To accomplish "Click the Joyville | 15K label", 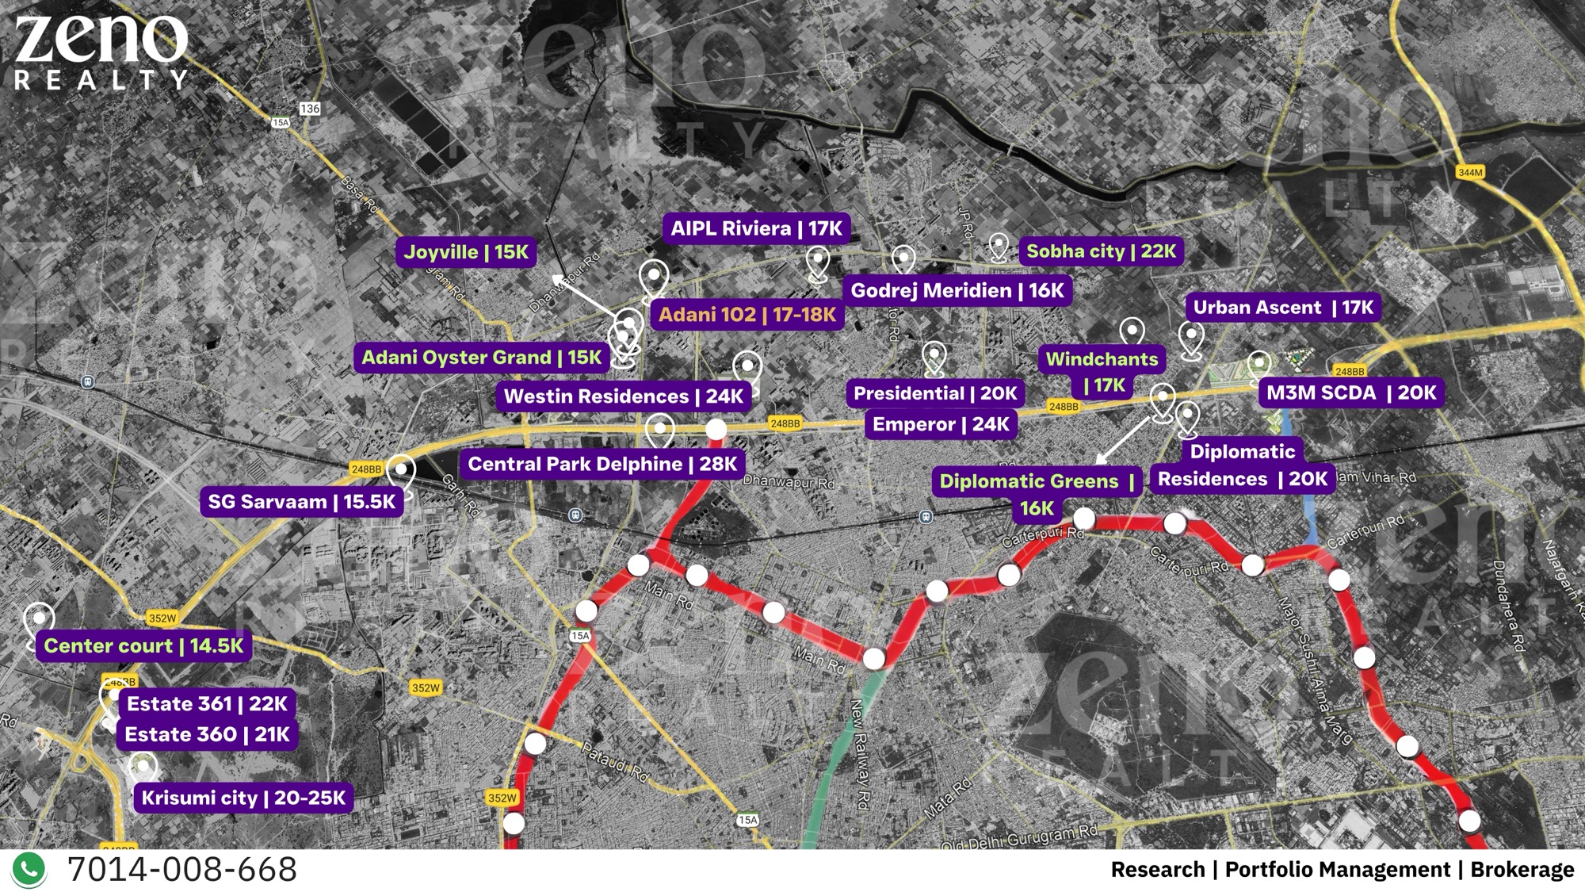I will point(466,253).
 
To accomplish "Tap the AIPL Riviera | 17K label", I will point(756,229).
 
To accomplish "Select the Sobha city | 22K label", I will point(1101,251).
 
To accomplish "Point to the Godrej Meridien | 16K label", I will point(957,291).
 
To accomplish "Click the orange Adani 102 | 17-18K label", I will point(747,315).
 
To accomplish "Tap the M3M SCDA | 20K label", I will point(1350,392).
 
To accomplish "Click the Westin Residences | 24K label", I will point(623,396).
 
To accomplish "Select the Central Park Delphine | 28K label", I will point(602,465).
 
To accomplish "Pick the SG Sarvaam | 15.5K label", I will point(301,502).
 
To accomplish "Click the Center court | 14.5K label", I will point(143,646).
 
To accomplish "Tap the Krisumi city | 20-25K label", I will point(243,798).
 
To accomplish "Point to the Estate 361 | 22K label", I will point(207,704).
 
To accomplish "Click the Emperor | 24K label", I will point(940,425).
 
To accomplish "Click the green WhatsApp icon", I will point(29,870).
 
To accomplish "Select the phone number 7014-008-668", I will point(182,870).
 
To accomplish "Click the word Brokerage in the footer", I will point(1522,870).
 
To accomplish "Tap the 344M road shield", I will point(1470,173).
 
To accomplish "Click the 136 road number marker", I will point(310,109).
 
